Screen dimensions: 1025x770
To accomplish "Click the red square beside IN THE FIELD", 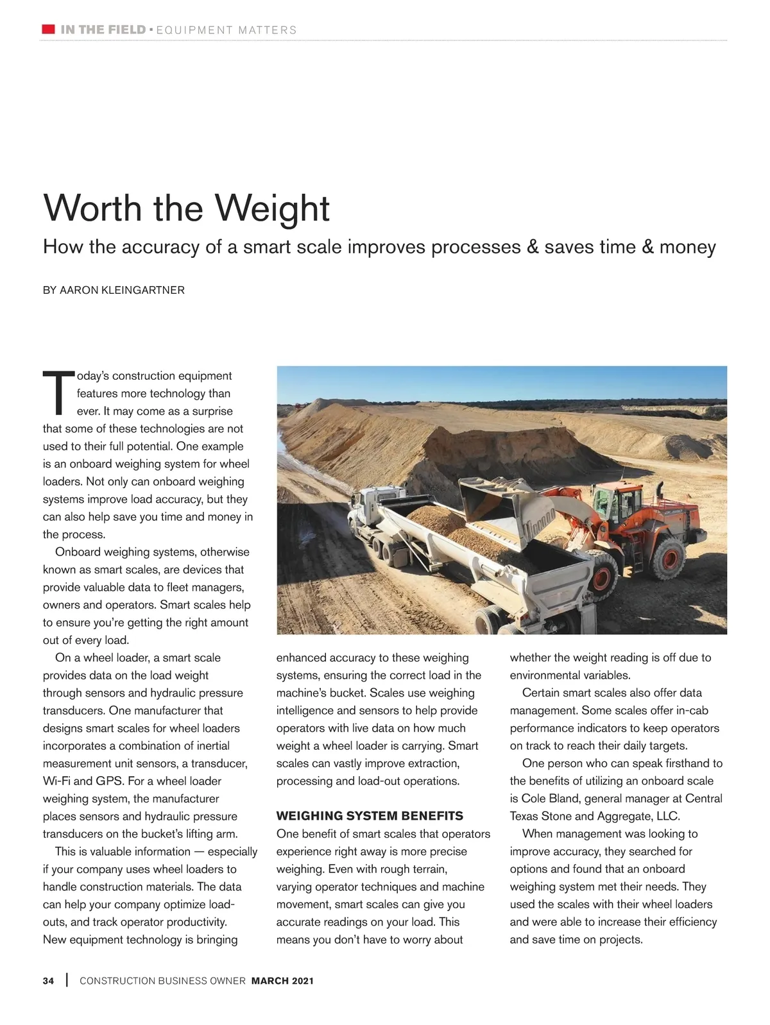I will [48, 29].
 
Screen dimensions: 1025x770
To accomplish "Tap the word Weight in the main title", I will [272, 208].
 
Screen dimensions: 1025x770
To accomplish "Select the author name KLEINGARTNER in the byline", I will [142, 290].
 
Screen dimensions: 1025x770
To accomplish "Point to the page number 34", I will [49, 981].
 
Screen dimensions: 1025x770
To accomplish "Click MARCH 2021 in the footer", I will [282, 981].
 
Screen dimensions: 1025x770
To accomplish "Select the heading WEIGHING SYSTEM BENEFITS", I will [370, 816].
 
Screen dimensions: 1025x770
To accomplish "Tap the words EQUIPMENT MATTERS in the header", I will [227, 30].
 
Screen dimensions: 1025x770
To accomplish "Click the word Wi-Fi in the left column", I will [56, 781].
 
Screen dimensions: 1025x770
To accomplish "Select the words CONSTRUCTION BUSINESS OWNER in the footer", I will [162, 981].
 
